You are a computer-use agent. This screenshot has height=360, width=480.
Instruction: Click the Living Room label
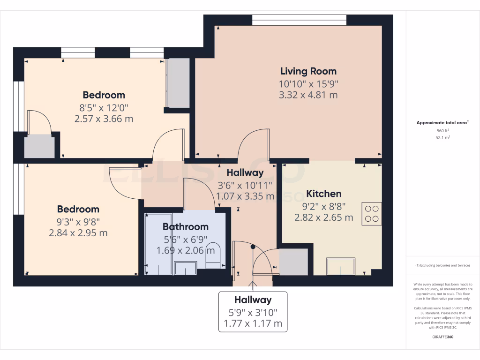click(x=308, y=71)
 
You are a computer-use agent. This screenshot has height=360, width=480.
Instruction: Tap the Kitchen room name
click(x=323, y=194)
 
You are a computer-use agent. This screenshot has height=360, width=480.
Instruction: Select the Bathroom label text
click(x=185, y=227)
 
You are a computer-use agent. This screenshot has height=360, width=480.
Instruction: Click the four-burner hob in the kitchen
click(x=372, y=214)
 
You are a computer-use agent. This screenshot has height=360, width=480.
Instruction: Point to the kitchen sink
click(x=341, y=266)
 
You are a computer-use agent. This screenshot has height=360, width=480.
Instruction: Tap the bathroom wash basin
click(x=186, y=268)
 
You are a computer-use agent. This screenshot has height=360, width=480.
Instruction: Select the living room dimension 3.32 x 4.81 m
click(x=308, y=95)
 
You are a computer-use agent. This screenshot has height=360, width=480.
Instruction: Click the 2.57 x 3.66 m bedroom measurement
click(x=104, y=119)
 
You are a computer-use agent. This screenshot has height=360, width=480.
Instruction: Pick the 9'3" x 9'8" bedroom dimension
click(x=78, y=221)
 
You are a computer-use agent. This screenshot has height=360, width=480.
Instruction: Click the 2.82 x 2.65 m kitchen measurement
click(x=323, y=217)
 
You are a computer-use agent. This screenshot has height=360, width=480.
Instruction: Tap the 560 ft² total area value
click(x=442, y=131)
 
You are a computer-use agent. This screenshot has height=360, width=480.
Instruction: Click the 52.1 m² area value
click(x=442, y=138)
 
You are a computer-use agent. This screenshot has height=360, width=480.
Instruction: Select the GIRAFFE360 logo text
click(x=442, y=337)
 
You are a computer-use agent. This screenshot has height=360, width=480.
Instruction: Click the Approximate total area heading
click(x=442, y=123)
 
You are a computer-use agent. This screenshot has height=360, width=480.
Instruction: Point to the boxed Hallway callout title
click(x=253, y=300)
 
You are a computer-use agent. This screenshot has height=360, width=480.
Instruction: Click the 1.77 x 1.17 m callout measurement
click(x=253, y=323)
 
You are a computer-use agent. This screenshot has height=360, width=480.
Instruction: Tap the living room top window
click(x=299, y=20)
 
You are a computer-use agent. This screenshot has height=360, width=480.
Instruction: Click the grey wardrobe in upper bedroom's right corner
click(x=178, y=83)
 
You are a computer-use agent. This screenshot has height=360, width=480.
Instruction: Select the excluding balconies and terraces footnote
click(x=442, y=265)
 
